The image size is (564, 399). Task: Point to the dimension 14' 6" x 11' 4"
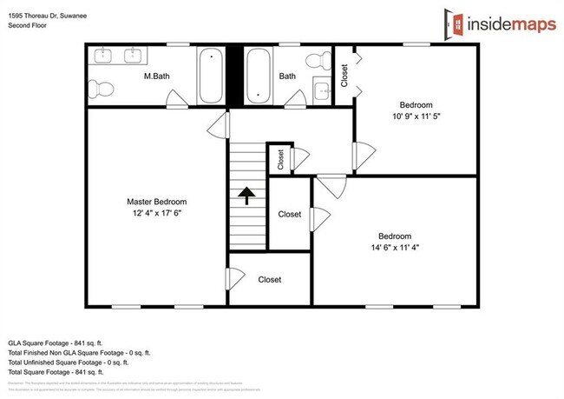coord(394,247)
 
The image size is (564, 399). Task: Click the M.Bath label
coord(156,76)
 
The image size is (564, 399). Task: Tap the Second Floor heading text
coord(28,25)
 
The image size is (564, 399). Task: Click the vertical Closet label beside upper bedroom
coord(344,76)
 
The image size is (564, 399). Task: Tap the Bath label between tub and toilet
coord(287,76)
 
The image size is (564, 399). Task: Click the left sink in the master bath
coord(106,57)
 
